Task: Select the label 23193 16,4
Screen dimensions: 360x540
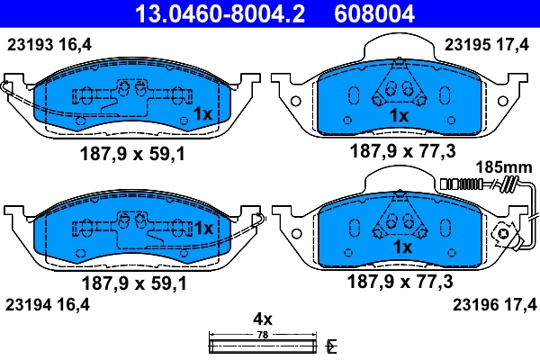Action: (49, 44)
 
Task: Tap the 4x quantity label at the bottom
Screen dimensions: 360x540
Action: (262, 319)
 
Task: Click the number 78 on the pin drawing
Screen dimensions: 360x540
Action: (262, 335)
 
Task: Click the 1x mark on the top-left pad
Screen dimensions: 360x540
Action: (202, 114)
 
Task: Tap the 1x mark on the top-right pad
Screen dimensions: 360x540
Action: (399, 116)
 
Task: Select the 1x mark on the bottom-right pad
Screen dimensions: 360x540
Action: (402, 247)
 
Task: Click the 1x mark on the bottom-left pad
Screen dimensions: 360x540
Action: (203, 229)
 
